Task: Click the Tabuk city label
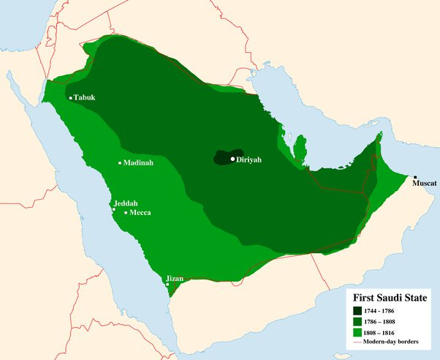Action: pyautogui.click(x=85, y=97)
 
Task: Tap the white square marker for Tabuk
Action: pyautogui.click(x=71, y=97)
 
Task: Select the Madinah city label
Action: pyautogui.click(x=138, y=162)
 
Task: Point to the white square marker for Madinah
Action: pyautogui.click(x=120, y=162)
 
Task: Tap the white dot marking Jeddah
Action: pyautogui.click(x=113, y=209)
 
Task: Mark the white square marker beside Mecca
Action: pyautogui.click(x=126, y=212)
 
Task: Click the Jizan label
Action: pyautogui.click(x=175, y=278)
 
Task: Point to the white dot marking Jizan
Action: pyautogui.click(x=167, y=285)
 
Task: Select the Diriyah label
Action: pyautogui.click(x=249, y=159)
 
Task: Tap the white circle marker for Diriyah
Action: pyautogui.click(x=233, y=159)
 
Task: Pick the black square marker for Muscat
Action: pyautogui.click(x=415, y=178)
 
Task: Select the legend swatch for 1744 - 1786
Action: pyautogui.click(x=357, y=310)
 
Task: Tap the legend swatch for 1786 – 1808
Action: pyautogui.click(x=357, y=322)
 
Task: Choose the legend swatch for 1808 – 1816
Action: pyautogui.click(x=357, y=334)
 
